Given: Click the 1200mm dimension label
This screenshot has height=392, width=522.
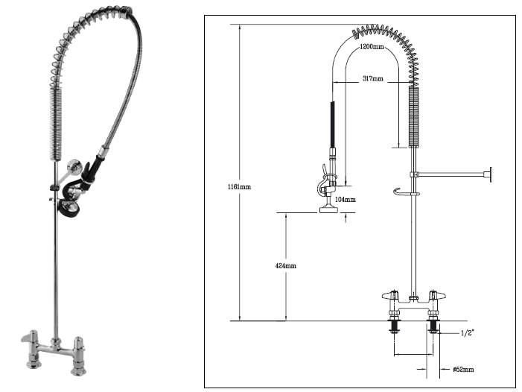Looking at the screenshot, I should click(x=372, y=46).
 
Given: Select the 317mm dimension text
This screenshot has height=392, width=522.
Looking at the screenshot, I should click(x=373, y=78).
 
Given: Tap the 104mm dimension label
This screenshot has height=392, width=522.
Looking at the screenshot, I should click(x=345, y=199).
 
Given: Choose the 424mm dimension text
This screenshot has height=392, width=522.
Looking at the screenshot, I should click(x=285, y=265).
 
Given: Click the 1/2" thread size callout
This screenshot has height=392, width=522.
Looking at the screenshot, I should click(x=468, y=332).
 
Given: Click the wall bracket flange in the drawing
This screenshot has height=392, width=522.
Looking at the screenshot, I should click(x=489, y=176).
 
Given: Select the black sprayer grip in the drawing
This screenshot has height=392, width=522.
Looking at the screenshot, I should click(x=331, y=125).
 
